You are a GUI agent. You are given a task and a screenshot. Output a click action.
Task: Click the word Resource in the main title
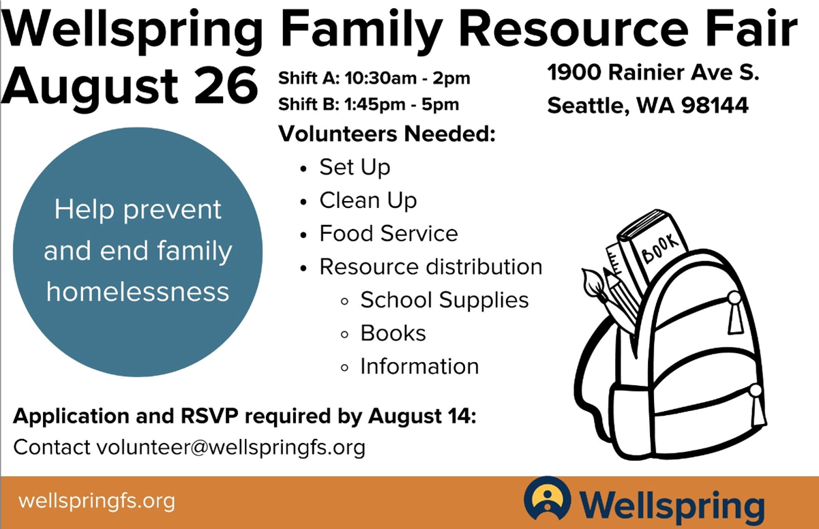pyautogui.click(x=573, y=29)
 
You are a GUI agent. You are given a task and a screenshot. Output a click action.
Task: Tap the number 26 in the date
pyautogui.click(x=226, y=85)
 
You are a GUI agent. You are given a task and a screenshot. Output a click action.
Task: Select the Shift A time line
pyautogui.click(x=374, y=78)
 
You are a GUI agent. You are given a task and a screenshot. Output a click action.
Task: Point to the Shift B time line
pyautogui.click(x=368, y=104)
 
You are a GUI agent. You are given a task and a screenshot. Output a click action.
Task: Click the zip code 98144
pyautogui.click(x=715, y=105)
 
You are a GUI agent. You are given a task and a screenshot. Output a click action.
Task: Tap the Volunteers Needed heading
pyautogui.click(x=387, y=134)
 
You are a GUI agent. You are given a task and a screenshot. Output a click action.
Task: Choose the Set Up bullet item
pyautogui.click(x=355, y=168)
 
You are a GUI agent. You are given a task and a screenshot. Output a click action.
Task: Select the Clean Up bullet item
pyautogui.click(x=368, y=200)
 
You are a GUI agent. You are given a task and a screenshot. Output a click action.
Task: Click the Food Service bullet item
pyautogui.click(x=389, y=233)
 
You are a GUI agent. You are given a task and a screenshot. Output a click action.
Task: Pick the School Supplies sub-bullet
pyautogui.click(x=445, y=301)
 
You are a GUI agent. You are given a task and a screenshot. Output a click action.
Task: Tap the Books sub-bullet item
pyautogui.click(x=393, y=333)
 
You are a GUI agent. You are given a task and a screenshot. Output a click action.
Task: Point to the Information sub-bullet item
pyautogui.click(x=420, y=366)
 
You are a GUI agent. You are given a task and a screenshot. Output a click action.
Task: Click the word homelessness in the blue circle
pyautogui.click(x=138, y=292)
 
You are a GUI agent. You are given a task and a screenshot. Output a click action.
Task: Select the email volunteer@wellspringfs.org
pyautogui.click(x=231, y=447)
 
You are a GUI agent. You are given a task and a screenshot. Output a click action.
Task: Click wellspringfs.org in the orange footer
pyautogui.click(x=97, y=501)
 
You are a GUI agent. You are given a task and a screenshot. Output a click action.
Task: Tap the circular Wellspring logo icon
pyautogui.click(x=548, y=498)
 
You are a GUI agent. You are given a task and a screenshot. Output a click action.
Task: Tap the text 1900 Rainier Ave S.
pyautogui.click(x=653, y=72)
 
